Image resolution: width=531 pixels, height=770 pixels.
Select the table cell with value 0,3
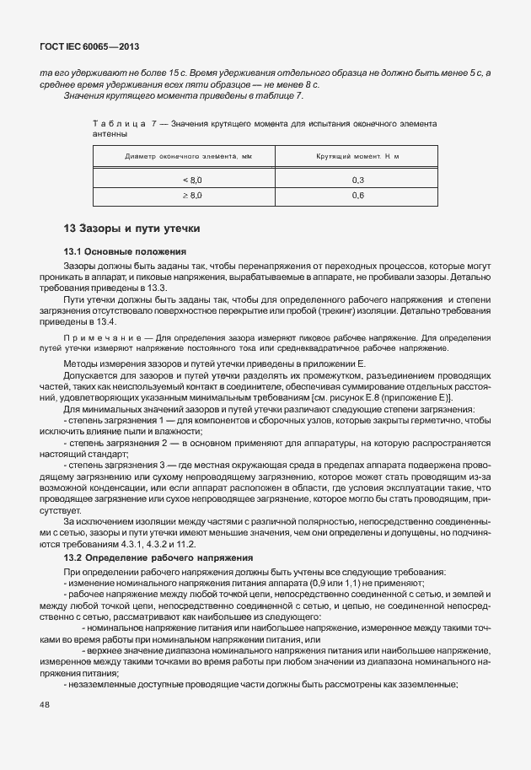(x=357, y=180)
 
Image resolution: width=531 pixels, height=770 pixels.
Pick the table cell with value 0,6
(x=357, y=196)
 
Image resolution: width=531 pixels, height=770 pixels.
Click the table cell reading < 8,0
(x=193, y=180)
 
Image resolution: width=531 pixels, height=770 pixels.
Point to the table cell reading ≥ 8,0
(x=193, y=196)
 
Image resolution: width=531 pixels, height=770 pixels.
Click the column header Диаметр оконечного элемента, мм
(x=188, y=157)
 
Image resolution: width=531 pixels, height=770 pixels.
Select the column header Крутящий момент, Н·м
(x=357, y=157)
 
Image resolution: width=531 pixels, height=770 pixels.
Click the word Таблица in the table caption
(x=118, y=124)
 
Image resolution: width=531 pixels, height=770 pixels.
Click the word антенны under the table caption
(x=110, y=134)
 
